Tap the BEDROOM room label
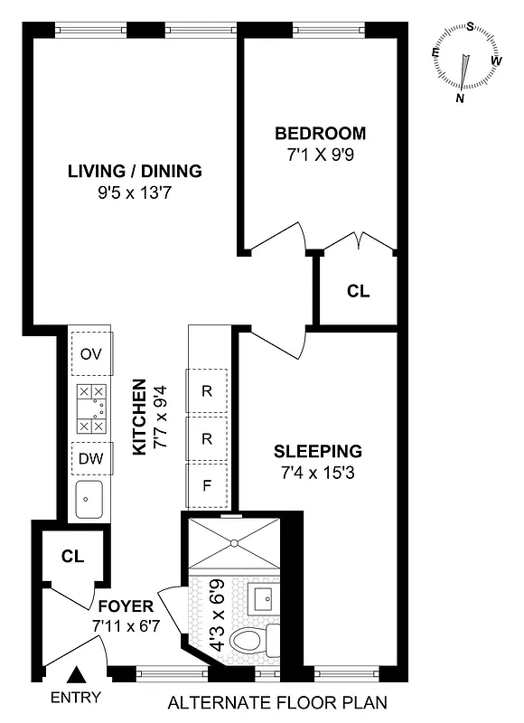(x=321, y=134)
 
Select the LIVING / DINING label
(x=135, y=171)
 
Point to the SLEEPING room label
(x=317, y=451)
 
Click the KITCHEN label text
(x=139, y=417)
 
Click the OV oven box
(x=90, y=353)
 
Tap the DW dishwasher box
(x=90, y=458)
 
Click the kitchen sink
(x=89, y=500)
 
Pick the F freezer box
(x=207, y=485)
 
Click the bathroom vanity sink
(x=264, y=599)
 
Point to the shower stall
(x=233, y=542)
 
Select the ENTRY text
(x=76, y=697)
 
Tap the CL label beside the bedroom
(x=359, y=292)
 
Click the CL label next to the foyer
(x=73, y=557)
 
